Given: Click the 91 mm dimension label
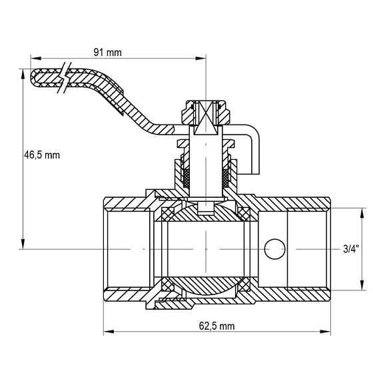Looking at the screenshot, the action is pyautogui.click(x=107, y=53).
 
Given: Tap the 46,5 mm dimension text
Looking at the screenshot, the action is pyautogui.click(x=42, y=155).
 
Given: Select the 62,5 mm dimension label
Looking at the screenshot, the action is pyautogui.click(x=216, y=326).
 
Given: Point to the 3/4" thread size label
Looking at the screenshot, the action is pyautogui.click(x=350, y=249).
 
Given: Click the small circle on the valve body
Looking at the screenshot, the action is pyautogui.click(x=274, y=249).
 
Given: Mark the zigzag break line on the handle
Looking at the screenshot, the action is pyautogui.click(x=65, y=77).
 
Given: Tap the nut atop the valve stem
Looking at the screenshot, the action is pyautogui.click(x=206, y=113).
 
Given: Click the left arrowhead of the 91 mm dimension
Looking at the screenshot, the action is pyautogui.click(x=36, y=59).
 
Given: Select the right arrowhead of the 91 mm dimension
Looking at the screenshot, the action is pyautogui.click(x=200, y=59).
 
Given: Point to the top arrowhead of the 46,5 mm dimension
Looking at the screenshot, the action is pyautogui.click(x=23, y=75).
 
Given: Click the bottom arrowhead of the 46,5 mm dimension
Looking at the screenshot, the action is pyautogui.click(x=23, y=244).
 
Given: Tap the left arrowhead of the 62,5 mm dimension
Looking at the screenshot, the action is pyautogui.click(x=109, y=332).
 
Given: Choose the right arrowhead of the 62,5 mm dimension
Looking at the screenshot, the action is pyautogui.click(x=325, y=332).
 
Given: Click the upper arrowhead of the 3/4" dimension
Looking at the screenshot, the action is pyautogui.click(x=362, y=213).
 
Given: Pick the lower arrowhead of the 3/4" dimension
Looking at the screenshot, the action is pyautogui.click(x=362, y=285).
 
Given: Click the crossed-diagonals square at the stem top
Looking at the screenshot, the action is pyautogui.click(x=206, y=118).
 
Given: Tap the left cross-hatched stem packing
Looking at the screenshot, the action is pyautogui.click(x=186, y=179).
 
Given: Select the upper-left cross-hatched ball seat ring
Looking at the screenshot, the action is pyautogui.click(x=167, y=214).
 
